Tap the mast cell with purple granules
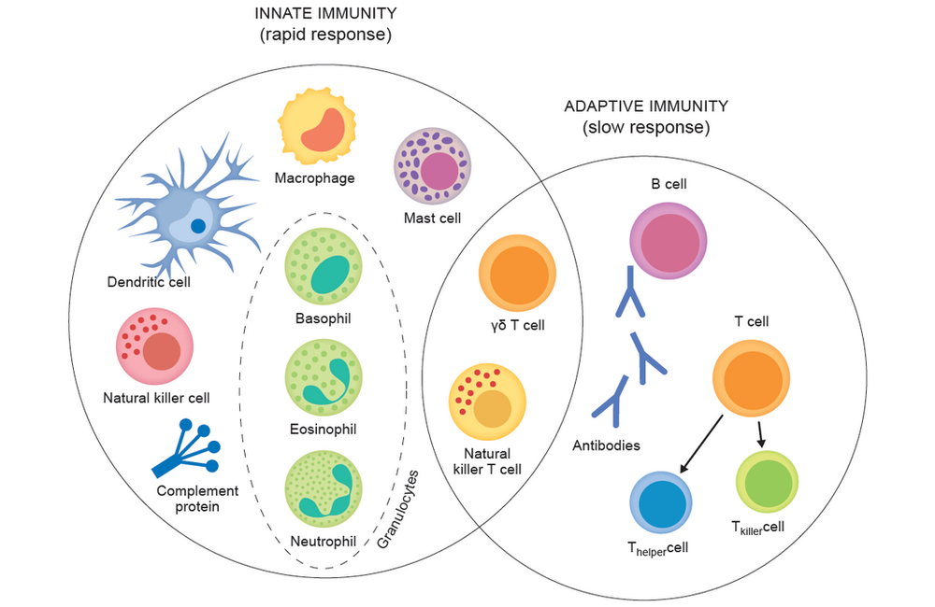[x=432, y=165]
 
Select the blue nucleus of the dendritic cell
[x=198, y=226]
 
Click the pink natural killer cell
[x=154, y=346]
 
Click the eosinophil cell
[x=323, y=376]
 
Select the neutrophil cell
[x=323, y=487]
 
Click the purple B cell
[x=669, y=241]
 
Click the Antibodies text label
[x=606, y=445]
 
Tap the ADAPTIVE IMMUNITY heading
[x=645, y=106]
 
